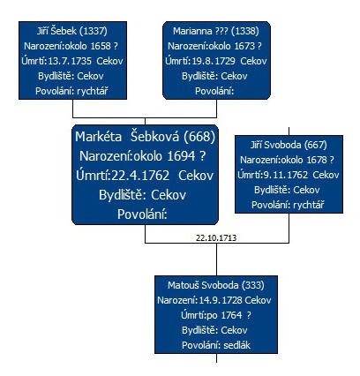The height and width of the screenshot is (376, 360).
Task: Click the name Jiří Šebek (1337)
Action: (x=72, y=31)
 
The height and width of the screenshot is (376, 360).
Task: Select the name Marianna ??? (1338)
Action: (x=216, y=31)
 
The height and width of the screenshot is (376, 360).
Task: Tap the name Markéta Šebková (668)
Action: (x=146, y=137)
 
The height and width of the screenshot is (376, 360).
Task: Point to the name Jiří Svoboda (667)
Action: (x=289, y=145)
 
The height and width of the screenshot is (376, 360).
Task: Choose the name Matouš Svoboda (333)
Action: (x=216, y=285)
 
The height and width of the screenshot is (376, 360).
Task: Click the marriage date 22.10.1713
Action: (x=216, y=238)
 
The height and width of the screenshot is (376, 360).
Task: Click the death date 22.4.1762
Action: (x=140, y=176)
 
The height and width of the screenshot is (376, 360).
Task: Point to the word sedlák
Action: (x=236, y=345)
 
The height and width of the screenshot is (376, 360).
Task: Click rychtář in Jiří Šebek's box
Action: (x=93, y=91)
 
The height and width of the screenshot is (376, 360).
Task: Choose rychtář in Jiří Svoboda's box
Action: (x=309, y=205)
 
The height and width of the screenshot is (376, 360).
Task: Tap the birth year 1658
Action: (x=101, y=46)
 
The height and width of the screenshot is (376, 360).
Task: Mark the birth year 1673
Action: (x=244, y=46)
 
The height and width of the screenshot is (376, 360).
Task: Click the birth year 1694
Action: (x=181, y=156)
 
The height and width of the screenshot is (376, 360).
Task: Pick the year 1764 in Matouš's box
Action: (x=231, y=315)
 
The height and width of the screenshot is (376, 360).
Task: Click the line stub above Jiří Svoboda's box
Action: (x=289, y=132)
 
